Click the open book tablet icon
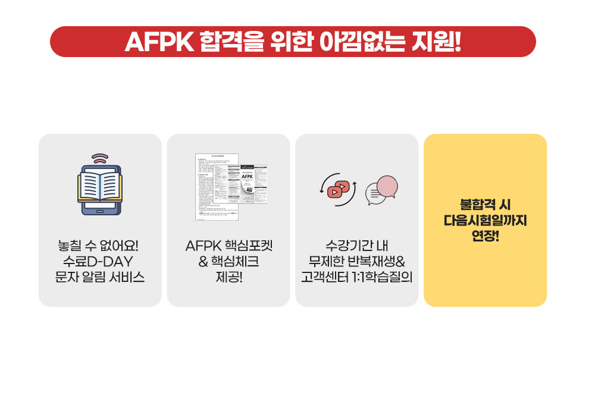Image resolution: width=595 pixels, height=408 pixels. pyautogui.click(x=100, y=188)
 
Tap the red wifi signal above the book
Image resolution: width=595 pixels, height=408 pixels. pyautogui.click(x=100, y=159)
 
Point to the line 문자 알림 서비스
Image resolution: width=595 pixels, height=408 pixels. pyautogui.click(x=99, y=277)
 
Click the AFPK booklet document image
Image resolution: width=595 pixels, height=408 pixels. pyautogui.click(x=231, y=187)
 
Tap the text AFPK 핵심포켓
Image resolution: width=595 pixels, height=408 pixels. pyautogui.click(x=228, y=246)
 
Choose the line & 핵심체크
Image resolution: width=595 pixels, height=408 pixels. pyautogui.click(x=228, y=261)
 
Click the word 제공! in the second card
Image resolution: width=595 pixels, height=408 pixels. pyautogui.click(x=228, y=277)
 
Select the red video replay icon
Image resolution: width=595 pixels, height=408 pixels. pyautogui.click(x=338, y=189)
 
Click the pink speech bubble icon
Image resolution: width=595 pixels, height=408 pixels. pyautogui.click(x=387, y=186)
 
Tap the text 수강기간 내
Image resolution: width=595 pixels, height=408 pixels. pyautogui.click(x=357, y=246)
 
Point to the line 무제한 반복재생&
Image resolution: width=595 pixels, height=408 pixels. pyautogui.click(x=357, y=261)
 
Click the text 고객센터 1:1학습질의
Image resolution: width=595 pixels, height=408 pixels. pyautogui.click(x=357, y=277)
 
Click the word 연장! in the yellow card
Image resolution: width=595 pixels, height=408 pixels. pyautogui.click(x=486, y=236)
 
